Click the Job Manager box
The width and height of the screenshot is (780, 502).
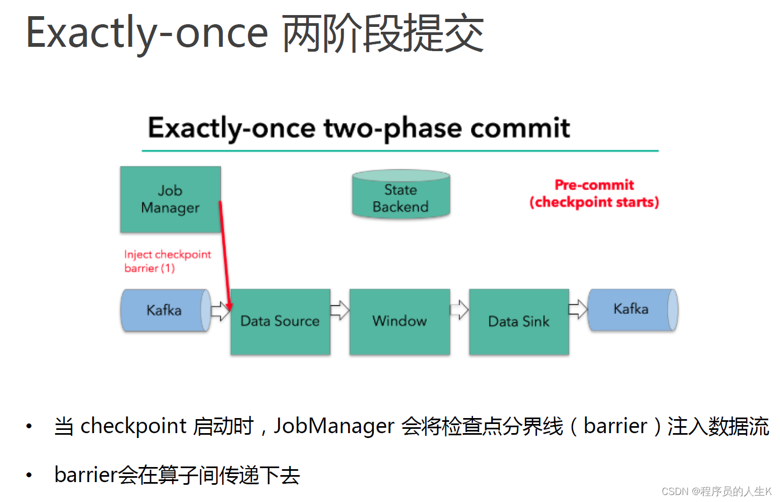(170, 199)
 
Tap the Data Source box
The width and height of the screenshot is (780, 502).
(280, 322)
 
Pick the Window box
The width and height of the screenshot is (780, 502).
(399, 322)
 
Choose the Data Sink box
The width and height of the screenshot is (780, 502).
(519, 322)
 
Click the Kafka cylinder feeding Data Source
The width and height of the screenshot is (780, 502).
(165, 310)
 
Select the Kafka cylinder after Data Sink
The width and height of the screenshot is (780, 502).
(632, 309)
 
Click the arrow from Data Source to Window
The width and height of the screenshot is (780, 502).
(339, 310)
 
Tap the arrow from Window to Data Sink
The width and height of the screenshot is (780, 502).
(459, 310)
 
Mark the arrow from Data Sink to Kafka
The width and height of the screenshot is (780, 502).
(578, 309)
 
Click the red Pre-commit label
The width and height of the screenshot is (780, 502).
(594, 185)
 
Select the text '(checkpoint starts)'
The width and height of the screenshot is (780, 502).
(594, 202)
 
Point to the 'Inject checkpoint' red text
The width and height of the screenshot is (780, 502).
(167, 254)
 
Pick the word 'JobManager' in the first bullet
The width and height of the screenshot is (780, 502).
(334, 426)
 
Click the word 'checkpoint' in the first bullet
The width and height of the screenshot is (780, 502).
(133, 426)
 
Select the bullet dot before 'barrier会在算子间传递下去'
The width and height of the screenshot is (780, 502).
(29, 475)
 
